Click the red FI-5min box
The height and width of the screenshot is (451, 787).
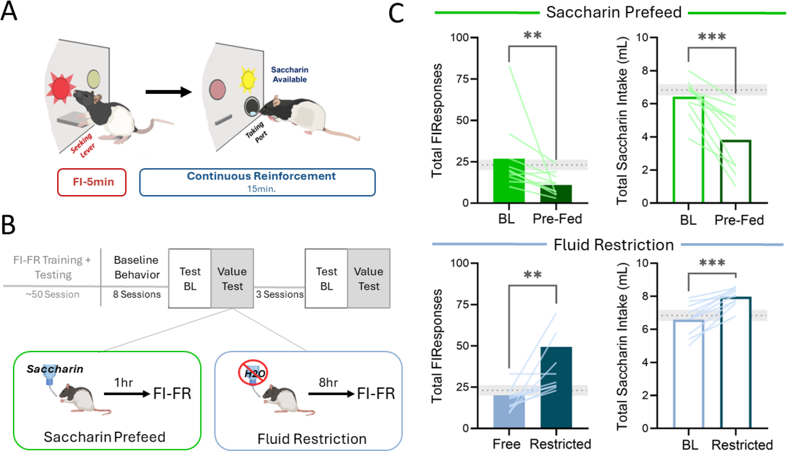pos(92,182)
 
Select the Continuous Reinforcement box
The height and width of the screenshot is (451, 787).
pos(257,182)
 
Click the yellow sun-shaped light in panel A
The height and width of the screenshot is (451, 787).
pos(248,80)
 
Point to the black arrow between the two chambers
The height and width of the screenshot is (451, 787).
pos(168,92)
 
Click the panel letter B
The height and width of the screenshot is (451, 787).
pos(8,225)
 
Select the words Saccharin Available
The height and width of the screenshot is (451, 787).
pos(289,75)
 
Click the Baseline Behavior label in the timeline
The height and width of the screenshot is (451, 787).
pos(136,267)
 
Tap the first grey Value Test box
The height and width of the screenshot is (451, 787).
pos(232,278)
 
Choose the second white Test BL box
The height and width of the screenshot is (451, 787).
pos(326,278)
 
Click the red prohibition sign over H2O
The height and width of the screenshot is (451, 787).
pos(253,373)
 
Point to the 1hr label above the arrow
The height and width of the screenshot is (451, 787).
pos(123,383)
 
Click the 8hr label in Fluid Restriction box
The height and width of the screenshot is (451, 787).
pos(328,383)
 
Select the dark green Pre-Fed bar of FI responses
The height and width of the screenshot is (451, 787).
pos(556,194)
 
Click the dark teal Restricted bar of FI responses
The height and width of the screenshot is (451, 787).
pos(556,387)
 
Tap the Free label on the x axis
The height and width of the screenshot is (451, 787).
pos(506,444)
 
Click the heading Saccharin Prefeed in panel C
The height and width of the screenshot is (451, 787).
pos(614,12)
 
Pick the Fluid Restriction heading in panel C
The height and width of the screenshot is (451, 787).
pos(614,245)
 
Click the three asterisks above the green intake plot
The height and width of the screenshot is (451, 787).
pos(712,37)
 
